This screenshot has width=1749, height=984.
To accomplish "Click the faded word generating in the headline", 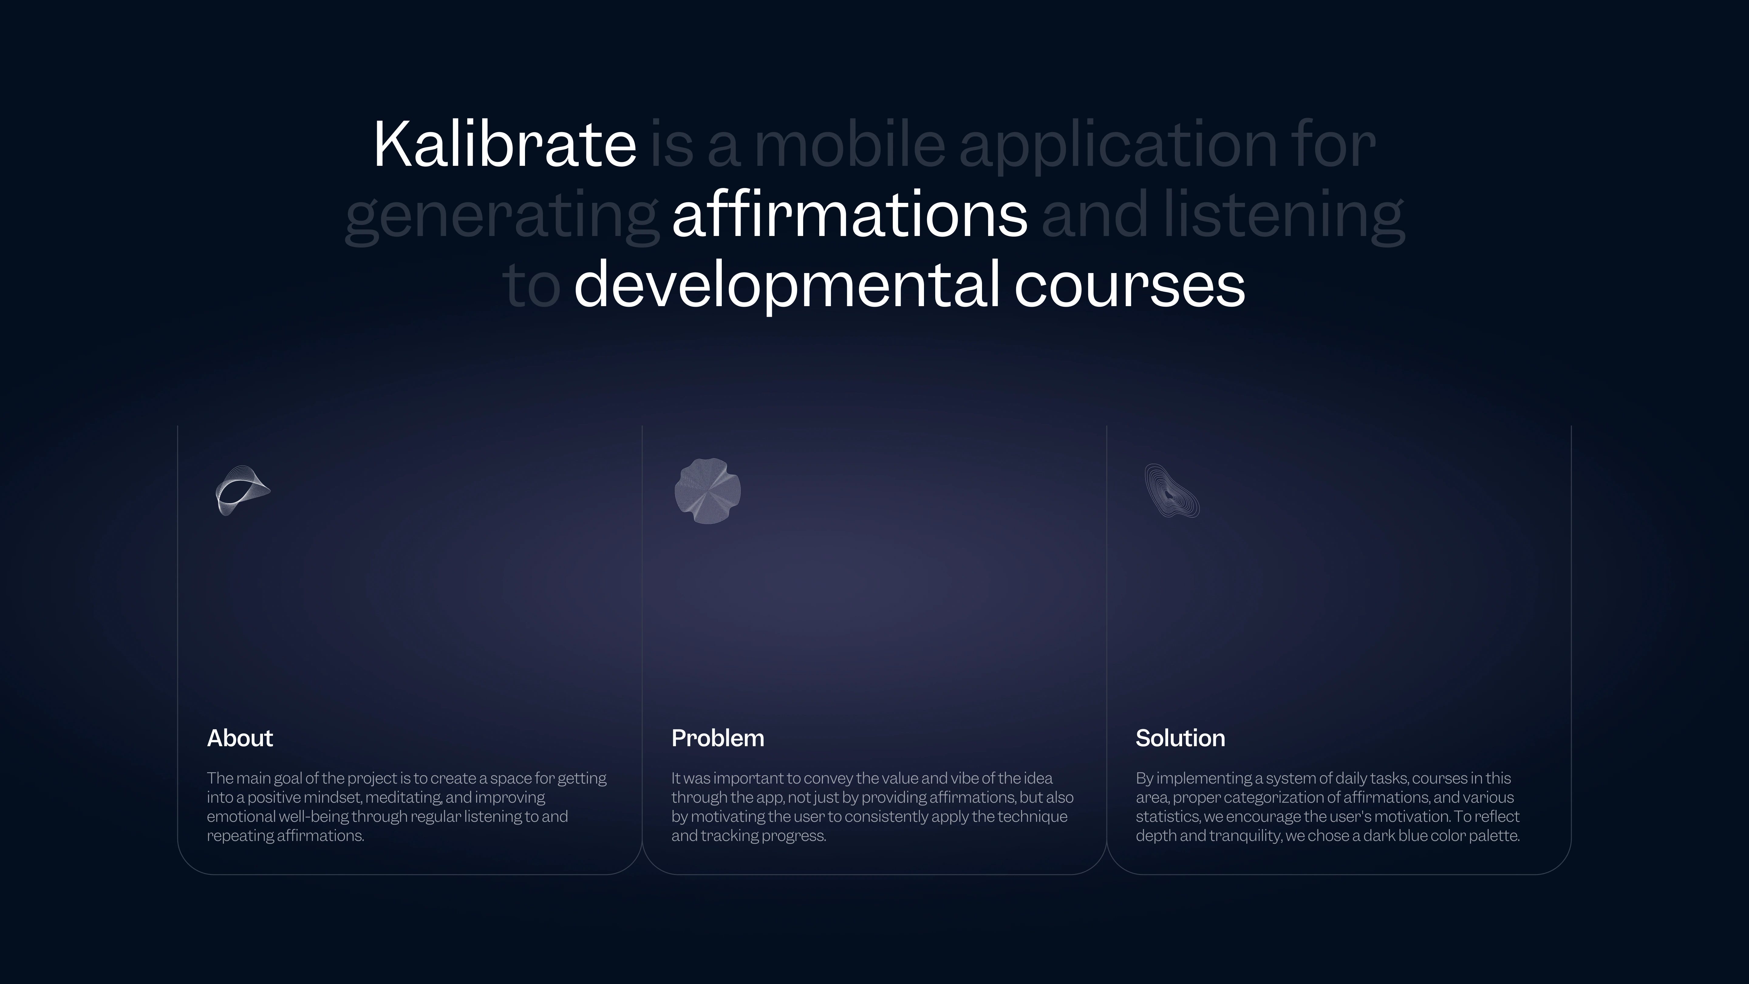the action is [503, 217].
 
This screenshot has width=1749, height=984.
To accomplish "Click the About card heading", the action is [240, 738].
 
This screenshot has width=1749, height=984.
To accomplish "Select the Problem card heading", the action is [718, 738].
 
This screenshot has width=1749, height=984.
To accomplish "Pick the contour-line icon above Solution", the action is [1172, 490].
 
